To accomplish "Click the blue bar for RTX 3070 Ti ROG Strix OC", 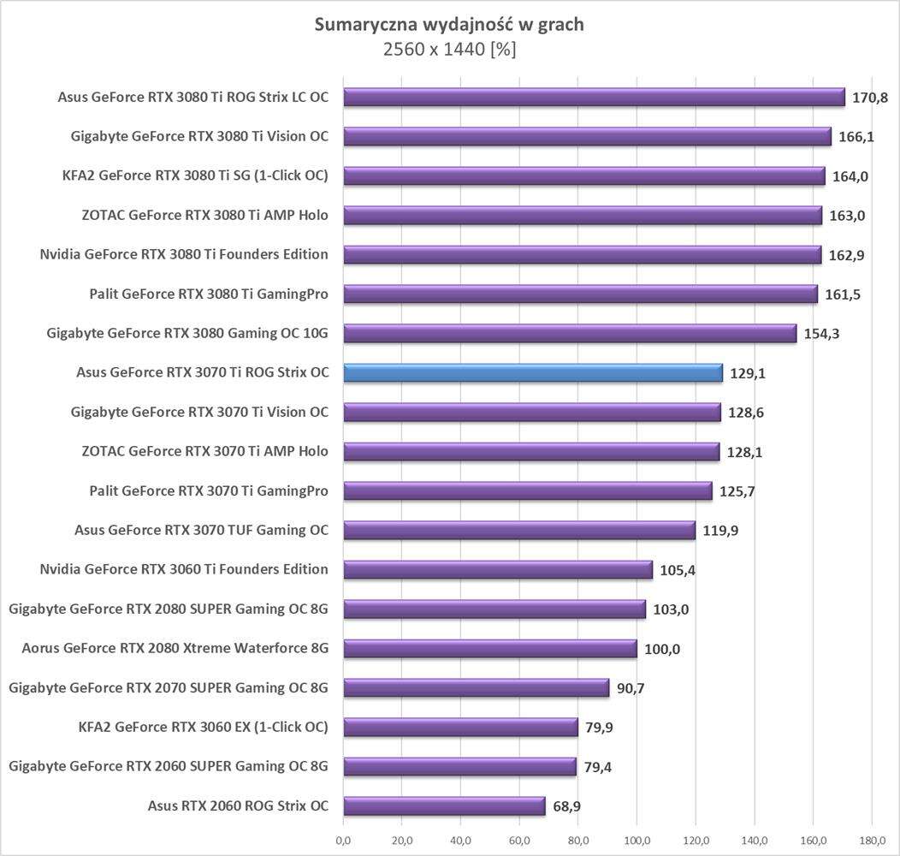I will coord(532,372).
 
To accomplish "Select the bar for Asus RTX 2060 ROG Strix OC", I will coord(444,805).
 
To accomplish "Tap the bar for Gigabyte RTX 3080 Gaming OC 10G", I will coord(570,333).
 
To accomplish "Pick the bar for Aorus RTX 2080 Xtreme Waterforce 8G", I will coord(489,648).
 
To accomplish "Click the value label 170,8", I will coord(870,98).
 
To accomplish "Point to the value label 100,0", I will coord(662,649).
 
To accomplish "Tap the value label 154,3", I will coord(821,334).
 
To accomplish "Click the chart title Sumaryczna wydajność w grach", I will coord(449,24).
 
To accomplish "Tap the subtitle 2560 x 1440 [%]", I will coord(449,50).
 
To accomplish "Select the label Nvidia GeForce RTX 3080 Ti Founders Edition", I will coord(184,254).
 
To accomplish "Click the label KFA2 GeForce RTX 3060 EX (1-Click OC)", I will coord(203,727).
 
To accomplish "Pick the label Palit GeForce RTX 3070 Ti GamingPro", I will coord(209,490).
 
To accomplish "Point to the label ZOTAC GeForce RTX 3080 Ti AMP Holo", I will coord(205,215).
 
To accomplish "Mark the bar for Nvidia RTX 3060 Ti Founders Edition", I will coord(497,569).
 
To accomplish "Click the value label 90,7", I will coord(628,688).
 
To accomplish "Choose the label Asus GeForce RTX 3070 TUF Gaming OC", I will coord(202,530).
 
